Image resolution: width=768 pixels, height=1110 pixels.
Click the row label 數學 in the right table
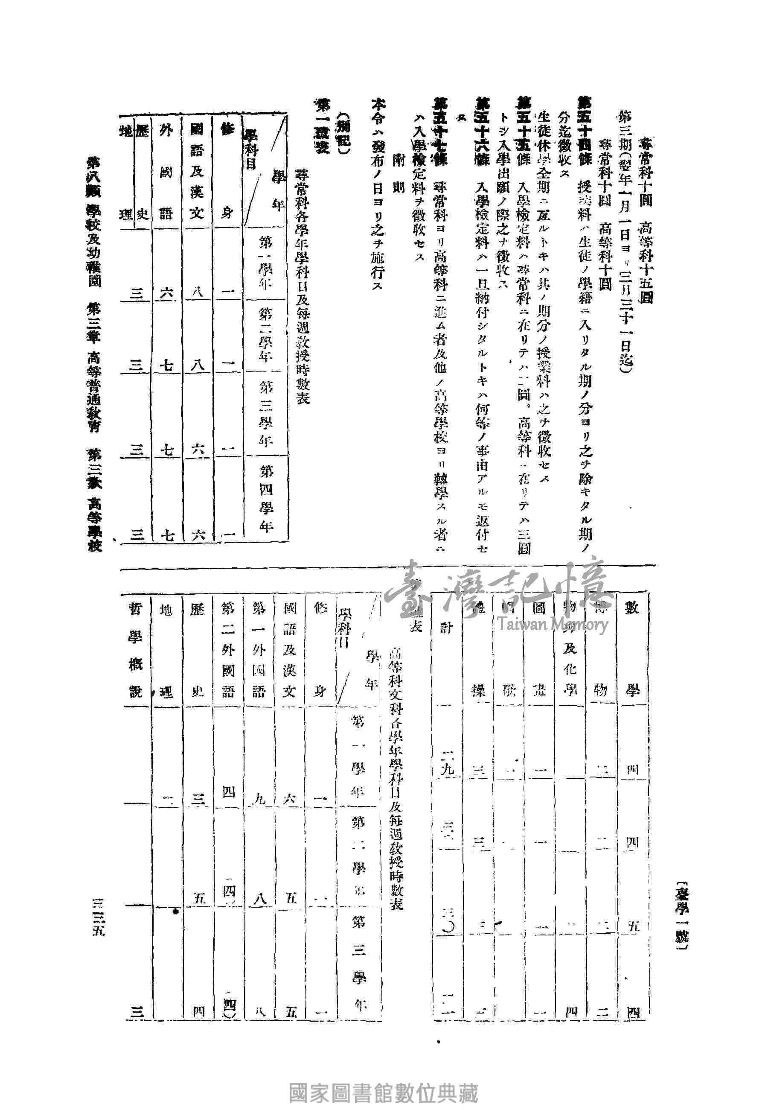pos(631,650)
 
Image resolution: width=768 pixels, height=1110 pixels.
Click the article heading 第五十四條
pos(585,132)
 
